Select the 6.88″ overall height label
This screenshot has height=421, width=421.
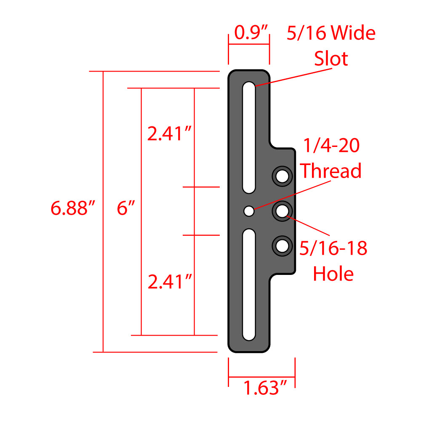[73, 208]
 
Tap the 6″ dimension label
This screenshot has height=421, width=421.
[125, 208]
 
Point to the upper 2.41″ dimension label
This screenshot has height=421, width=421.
[170, 134]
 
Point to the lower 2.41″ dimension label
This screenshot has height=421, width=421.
[170, 281]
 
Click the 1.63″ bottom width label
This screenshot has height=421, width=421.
[266, 387]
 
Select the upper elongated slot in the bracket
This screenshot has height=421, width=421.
[249, 137]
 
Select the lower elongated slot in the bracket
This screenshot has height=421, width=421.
[249, 284]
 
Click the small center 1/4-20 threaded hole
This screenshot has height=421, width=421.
[249, 211]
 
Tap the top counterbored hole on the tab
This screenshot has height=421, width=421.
[282, 176]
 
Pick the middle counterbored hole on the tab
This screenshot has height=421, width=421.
[282, 210]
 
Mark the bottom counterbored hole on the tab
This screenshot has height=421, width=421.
[282, 245]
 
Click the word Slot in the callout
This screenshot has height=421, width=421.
[331, 59]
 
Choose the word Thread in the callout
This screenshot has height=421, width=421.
[330, 171]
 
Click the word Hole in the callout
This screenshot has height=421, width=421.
[333, 274]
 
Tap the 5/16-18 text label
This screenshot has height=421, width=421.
[333, 249]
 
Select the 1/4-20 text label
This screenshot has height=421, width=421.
[331, 146]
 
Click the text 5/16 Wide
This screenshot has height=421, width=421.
[331, 33]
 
